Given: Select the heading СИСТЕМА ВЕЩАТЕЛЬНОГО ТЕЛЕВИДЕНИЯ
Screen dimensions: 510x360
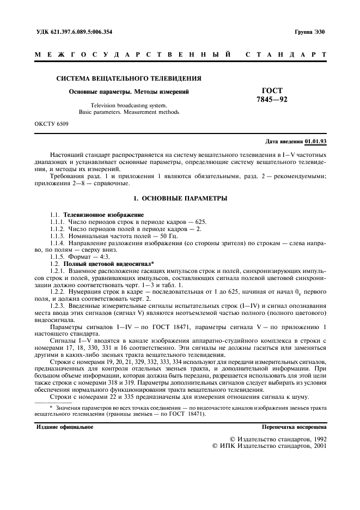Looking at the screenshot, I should coord(129,78).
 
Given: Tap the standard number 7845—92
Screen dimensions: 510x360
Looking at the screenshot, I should coord(272,100).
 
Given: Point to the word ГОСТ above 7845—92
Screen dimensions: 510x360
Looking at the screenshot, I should coord(272,91).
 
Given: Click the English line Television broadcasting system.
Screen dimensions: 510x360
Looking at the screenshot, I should coord(129,105).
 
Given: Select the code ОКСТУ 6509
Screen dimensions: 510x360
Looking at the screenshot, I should coord(52,125).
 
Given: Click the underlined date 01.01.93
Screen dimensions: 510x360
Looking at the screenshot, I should coord(316,142).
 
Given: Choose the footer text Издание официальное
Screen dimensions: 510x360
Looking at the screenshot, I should coord(64,427).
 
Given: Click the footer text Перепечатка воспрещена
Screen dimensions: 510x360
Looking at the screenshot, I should coord(294,427).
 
